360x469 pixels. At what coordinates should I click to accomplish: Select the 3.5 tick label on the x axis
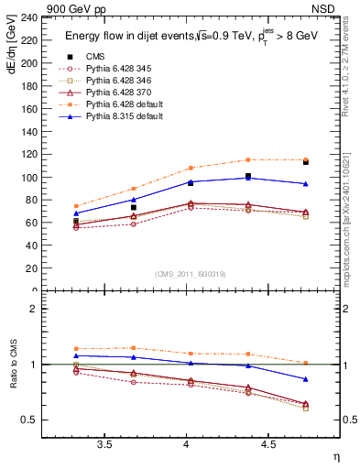pos(105,446)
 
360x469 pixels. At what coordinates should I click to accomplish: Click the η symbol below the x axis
pos(335,456)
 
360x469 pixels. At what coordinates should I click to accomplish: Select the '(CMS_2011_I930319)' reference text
pos(187,274)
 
